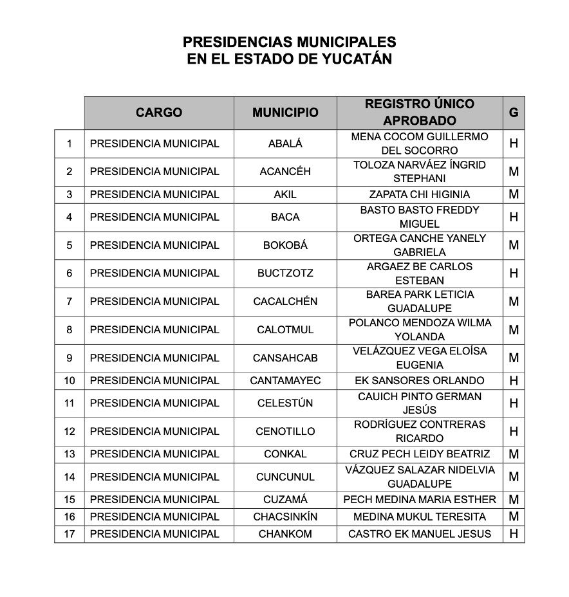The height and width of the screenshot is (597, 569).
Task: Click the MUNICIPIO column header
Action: coord(285,113)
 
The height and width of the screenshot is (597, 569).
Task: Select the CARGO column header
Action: coord(159,113)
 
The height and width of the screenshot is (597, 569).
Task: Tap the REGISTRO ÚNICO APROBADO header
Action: coord(420,113)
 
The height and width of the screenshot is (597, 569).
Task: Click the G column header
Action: coord(514,113)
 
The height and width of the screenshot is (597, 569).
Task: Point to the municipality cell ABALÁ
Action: coord(285,144)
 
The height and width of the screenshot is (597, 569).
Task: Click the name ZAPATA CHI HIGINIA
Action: coord(420,194)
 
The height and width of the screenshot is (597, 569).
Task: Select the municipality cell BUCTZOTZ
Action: coord(285,273)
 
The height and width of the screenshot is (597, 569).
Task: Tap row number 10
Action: coord(70,381)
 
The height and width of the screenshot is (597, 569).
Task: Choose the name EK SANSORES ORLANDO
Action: coord(420,381)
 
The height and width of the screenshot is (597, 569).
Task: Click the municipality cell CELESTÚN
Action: coord(285,403)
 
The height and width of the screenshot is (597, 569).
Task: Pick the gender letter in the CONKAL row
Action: coord(514,454)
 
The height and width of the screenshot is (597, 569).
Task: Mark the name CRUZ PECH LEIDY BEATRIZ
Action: coord(420,454)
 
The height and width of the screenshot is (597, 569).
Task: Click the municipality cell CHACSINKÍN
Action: coord(285,517)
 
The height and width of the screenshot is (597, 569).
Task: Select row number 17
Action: coord(70,534)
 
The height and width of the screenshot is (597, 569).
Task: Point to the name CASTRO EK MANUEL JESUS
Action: coord(420,534)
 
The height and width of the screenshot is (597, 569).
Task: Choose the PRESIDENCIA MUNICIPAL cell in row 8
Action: coord(154,330)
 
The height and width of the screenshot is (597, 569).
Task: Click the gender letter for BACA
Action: coord(514,217)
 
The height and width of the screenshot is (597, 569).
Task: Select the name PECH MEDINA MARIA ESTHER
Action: coord(420,500)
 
